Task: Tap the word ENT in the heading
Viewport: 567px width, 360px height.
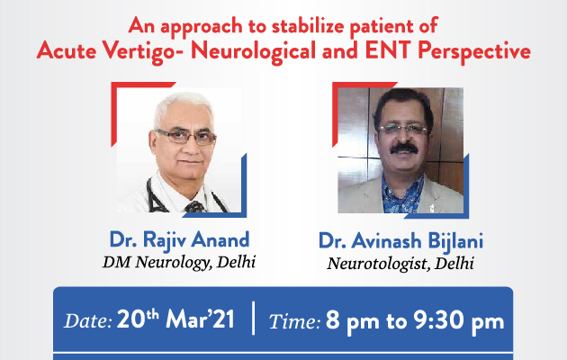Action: click(x=389, y=49)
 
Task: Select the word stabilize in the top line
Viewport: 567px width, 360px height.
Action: click(x=309, y=26)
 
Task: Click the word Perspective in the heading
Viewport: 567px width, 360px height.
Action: click(x=474, y=51)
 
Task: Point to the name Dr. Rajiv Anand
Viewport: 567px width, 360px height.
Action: click(x=179, y=240)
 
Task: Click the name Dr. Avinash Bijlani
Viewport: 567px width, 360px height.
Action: click(x=400, y=241)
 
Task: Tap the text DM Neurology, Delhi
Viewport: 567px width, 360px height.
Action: click(x=179, y=263)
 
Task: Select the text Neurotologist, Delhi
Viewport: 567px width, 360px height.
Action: click(x=400, y=264)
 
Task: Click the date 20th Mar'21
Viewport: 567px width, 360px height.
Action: click(x=175, y=319)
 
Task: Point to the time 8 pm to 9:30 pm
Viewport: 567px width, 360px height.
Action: click(x=415, y=321)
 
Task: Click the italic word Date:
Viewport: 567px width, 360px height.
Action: click(x=88, y=320)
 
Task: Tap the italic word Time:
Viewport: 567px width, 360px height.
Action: click(x=294, y=321)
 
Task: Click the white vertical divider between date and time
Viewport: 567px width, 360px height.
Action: click(x=253, y=318)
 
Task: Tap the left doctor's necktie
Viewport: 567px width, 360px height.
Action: click(x=195, y=207)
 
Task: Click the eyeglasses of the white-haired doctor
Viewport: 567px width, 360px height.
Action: click(x=186, y=137)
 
